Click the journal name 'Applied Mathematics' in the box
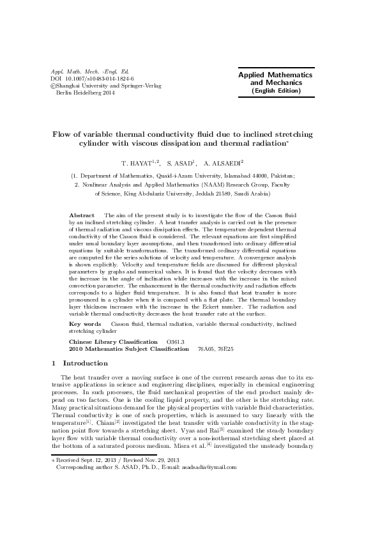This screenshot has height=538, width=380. point(275,75)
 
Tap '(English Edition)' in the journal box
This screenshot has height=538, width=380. point(275,91)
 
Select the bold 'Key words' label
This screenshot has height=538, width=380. point(85,325)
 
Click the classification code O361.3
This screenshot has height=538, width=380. point(175,342)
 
